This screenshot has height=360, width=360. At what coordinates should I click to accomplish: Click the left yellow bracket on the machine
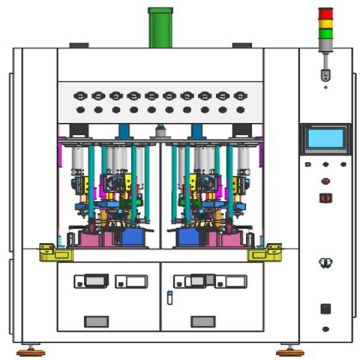coord(49,252)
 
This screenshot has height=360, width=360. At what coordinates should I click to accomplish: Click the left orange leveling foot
coord(31,349)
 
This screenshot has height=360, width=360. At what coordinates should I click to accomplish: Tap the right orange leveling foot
coord(290,349)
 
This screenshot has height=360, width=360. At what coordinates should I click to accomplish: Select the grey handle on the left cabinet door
coord(96,320)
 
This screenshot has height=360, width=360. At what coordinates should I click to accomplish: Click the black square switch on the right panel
coord(325,308)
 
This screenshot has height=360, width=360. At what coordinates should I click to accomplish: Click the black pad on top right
coord(242,44)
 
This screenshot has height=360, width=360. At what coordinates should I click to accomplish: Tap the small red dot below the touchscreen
coord(325,181)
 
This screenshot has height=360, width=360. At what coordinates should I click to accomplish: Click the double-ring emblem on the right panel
coord(324,263)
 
